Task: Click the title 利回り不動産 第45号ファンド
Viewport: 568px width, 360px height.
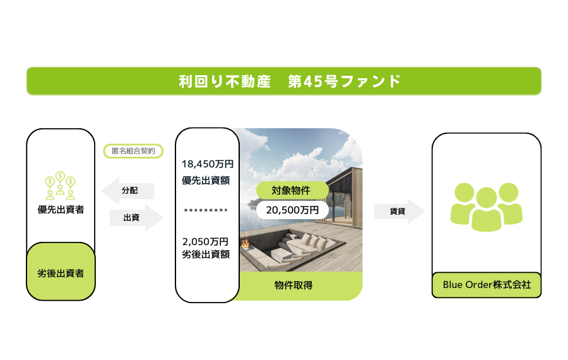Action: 290,81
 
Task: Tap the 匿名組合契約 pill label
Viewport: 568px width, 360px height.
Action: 133,151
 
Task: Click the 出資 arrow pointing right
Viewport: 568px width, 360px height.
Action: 136,217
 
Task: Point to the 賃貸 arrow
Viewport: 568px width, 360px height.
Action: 399,211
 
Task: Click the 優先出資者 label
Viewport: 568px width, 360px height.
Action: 61,210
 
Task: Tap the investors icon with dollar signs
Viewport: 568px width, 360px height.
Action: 60,186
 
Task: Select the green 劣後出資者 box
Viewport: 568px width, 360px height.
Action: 61,272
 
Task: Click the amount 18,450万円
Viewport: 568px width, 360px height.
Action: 208,164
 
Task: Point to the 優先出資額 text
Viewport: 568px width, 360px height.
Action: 206,180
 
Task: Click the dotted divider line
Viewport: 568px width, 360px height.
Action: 206,210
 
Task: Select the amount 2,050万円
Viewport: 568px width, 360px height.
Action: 205,241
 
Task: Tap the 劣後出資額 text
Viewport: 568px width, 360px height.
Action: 206,254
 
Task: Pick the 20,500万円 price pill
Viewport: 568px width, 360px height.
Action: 292,210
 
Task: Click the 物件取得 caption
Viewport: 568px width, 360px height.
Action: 293,285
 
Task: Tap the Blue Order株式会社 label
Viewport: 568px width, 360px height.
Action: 487,285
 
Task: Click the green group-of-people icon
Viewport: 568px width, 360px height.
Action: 487,207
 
